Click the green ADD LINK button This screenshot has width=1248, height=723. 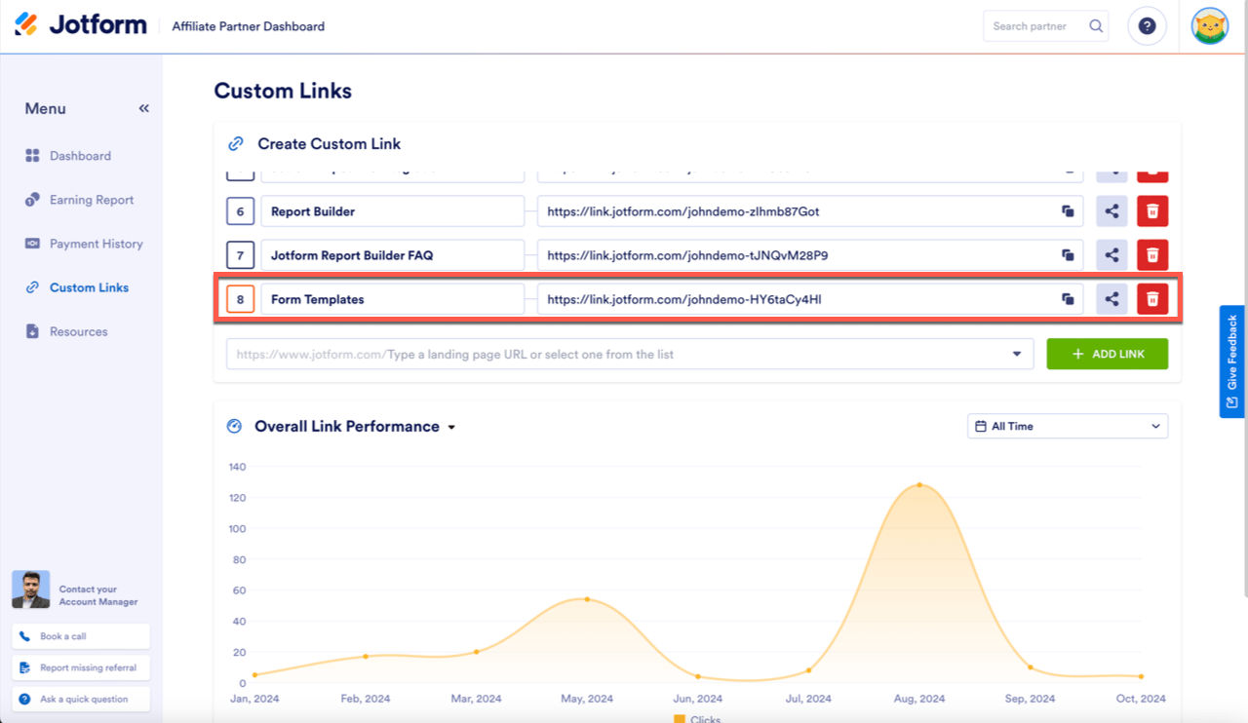1107,354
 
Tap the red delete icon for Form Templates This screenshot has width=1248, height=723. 1152,299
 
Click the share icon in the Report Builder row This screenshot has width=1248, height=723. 1111,211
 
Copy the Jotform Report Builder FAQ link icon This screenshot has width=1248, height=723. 1068,255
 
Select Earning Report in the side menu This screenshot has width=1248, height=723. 91,200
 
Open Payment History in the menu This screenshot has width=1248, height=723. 96,244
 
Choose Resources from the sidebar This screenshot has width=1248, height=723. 78,331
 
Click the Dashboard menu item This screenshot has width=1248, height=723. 80,156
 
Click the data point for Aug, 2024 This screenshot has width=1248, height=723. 919,485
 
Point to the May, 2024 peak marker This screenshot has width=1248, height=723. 587,599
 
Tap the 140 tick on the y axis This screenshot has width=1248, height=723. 238,467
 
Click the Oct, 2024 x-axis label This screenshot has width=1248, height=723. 1141,699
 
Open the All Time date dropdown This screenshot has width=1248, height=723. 1069,426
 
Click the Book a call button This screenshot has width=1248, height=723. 81,636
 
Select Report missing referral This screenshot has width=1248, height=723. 81,667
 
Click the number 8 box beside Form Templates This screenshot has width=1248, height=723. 240,299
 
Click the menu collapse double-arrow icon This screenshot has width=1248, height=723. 144,108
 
